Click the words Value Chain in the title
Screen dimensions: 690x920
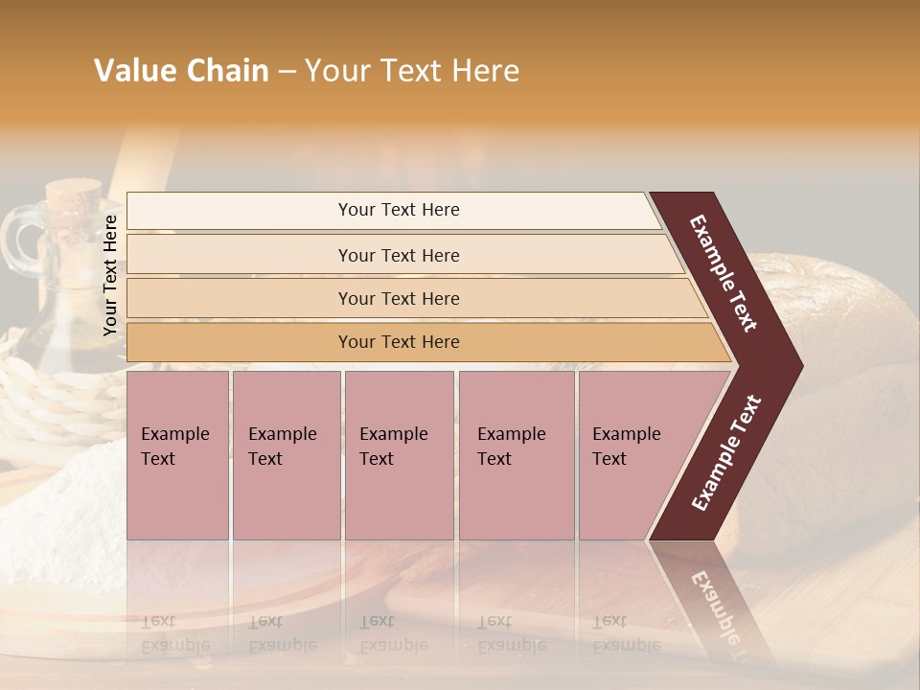click(x=181, y=71)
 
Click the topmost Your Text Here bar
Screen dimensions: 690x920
click(x=398, y=210)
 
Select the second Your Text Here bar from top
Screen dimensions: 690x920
click(x=398, y=255)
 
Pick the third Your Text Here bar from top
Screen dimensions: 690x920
click(x=398, y=298)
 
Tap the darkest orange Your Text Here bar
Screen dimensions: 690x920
click(x=398, y=342)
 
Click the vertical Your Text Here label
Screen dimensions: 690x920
click(x=110, y=275)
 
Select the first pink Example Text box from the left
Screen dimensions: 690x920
click(x=177, y=455)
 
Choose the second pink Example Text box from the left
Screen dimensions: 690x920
click(x=286, y=455)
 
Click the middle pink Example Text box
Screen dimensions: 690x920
click(x=399, y=455)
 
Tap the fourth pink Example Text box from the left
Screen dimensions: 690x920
click(x=516, y=455)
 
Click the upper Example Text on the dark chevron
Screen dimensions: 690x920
click(x=724, y=273)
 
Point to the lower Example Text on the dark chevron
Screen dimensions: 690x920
click(x=726, y=452)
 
